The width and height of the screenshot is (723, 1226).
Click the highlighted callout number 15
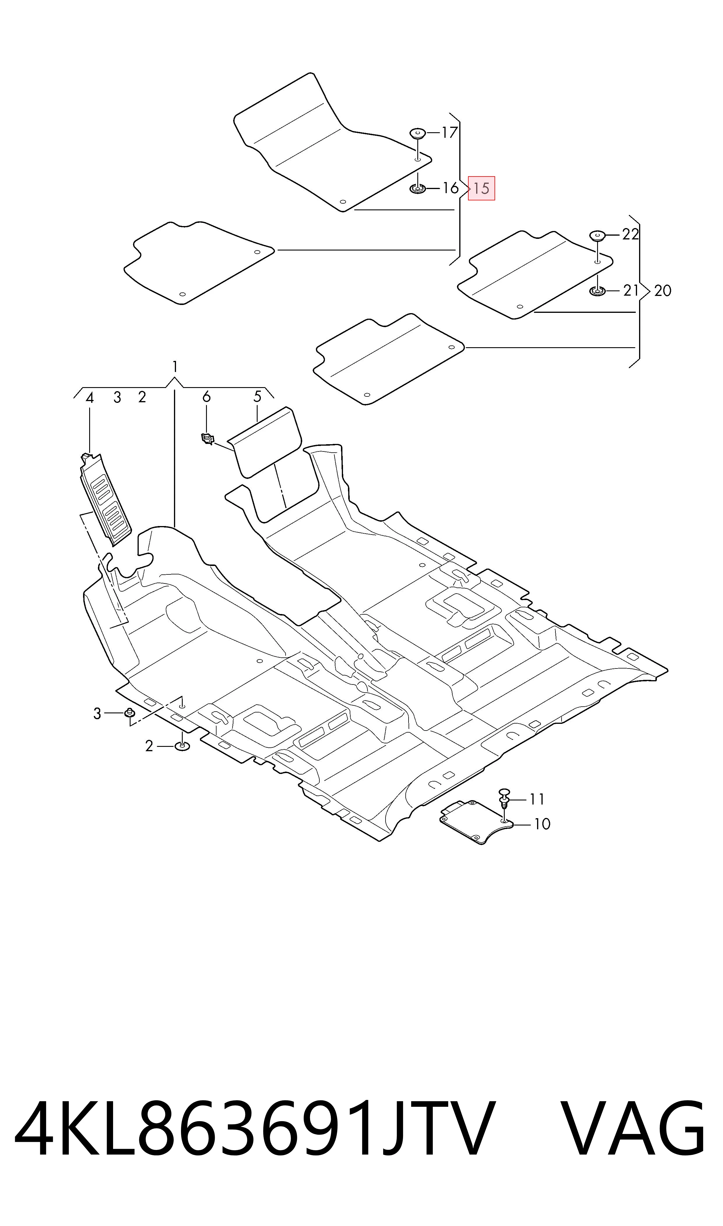[481, 188]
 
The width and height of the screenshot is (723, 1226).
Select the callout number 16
[450, 188]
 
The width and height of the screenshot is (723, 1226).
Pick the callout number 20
[663, 291]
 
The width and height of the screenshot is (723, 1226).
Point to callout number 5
[257, 396]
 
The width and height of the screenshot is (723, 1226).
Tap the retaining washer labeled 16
[418, 188]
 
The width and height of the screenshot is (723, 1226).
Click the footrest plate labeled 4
[105, 499]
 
